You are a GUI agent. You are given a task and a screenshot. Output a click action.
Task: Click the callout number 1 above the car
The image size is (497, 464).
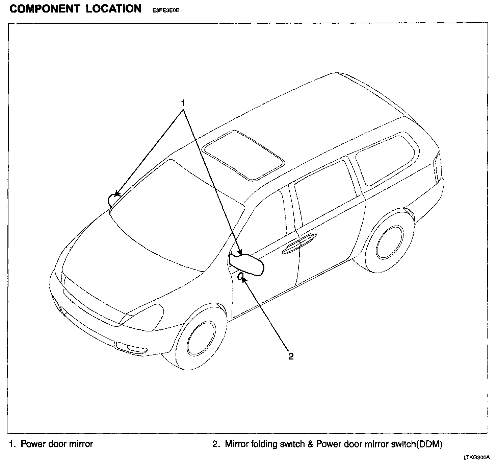tap(183, 102)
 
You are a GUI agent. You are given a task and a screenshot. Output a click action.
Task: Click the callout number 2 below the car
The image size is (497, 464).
tap(291, 356)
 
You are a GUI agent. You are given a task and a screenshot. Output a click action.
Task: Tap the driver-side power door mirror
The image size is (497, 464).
tap(246, 264)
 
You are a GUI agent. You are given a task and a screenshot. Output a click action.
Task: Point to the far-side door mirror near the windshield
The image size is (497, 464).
tap(112, 200)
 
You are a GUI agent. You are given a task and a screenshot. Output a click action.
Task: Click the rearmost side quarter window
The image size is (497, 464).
tap(387, 159)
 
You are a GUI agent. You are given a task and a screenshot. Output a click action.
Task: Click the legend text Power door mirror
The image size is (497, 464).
tap(57, 444)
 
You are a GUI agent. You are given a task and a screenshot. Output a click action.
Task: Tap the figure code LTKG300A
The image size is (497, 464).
tap(476, 458)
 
